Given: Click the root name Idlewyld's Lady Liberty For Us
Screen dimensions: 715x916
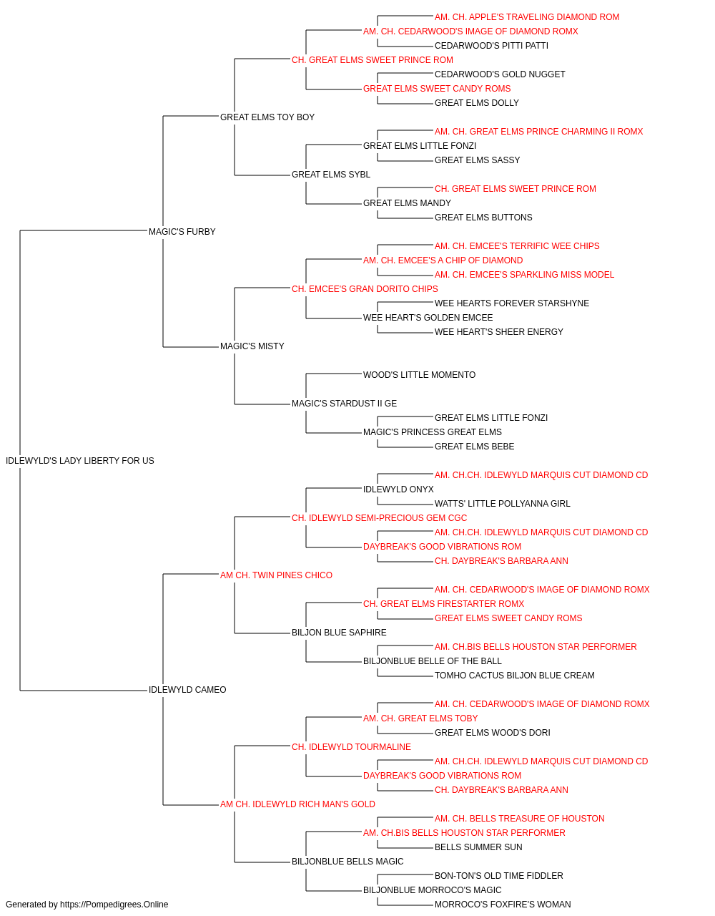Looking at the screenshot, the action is [x=79, y=460].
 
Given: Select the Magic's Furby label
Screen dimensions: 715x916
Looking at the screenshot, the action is [x=182, y=231].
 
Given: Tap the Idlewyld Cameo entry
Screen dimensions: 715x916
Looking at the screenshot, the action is [x=187, y=690].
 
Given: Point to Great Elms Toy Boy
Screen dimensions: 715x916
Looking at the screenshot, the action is [x=267, y=117].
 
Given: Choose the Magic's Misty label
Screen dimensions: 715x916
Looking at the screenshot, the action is [x=252, y=346].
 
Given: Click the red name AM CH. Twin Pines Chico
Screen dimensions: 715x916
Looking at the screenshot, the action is [x=276, y=575].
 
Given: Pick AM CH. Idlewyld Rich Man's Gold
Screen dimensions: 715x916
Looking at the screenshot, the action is [x=297, y=804].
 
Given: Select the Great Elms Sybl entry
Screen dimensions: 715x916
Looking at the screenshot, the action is [x=331, y=174].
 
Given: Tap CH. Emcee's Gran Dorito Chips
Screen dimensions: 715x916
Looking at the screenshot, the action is [x=365, y=288].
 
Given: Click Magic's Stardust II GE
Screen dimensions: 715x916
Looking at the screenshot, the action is [x=345, y=404].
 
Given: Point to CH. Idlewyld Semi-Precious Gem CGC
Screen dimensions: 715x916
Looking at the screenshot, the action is [x=380, y=517].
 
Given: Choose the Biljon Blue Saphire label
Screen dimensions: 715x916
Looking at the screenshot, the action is [x=339, y=633].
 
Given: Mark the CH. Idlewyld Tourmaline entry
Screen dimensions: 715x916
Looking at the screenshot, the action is [x=351, y=746].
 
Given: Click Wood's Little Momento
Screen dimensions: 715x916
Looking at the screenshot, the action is [x=420, y=375].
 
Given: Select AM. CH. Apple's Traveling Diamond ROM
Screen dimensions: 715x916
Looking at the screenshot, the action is [x=527, y=17].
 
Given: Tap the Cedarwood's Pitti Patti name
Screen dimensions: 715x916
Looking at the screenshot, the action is [x=491, y=46].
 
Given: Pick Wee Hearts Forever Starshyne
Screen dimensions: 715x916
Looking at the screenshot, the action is [x=512, y=303].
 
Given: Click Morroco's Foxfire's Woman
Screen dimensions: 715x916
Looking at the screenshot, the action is [x=503, y=905].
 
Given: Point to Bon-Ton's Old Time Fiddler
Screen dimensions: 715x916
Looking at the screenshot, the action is [x=498, y=875].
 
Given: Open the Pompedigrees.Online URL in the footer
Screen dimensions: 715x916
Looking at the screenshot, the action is [x=114, y=905].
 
